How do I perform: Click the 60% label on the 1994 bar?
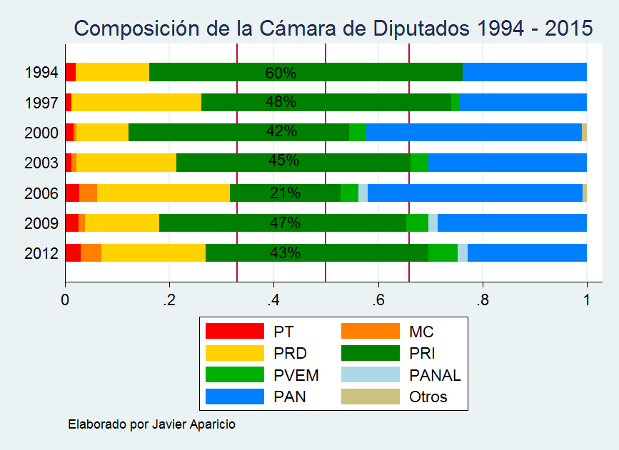click(x=281, y=73)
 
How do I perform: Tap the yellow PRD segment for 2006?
click(x=163, y=193)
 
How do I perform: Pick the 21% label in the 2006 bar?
click(x=285, y=193)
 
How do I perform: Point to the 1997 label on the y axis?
click(x=41, y=103)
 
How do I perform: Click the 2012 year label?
click(x=41, y=253)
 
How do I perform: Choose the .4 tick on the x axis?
click(x=273, y=299)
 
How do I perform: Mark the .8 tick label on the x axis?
click(x=483, y=299)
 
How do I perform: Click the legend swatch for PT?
click(x=234, y=332)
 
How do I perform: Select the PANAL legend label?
click(x=435, y=375)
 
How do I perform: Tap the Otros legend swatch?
click(x=370, y=397)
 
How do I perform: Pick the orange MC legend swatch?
click(x=370, y=332)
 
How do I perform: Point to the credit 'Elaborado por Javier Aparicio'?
click(x=151, y=424)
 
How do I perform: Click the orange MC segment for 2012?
click(x=91, y=253)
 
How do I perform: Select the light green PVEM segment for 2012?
click(x=443, y=253)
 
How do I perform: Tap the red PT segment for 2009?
click(x=71, y=223)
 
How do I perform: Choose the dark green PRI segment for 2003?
click(x=293, y=163)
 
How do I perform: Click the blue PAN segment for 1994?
click(x=524, y=73)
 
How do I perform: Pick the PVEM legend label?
click(x=296, y=375)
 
